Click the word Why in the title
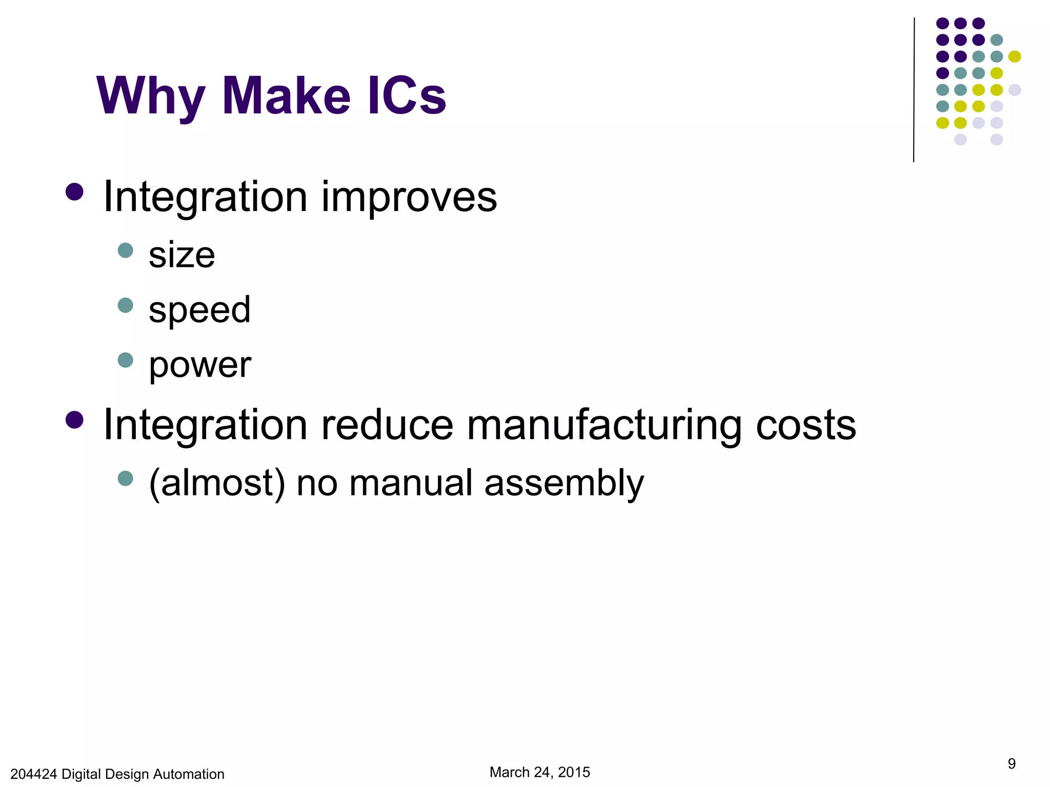[151, 96]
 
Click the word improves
[409, 197]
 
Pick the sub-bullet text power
[200, 365]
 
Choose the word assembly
[564, 483]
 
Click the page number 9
[1012, 763]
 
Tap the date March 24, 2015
[539, 772]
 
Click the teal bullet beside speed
[125, 305]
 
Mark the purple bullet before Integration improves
[74, 192]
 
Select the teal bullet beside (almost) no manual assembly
[125, 479]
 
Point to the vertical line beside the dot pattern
[914, 90]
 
